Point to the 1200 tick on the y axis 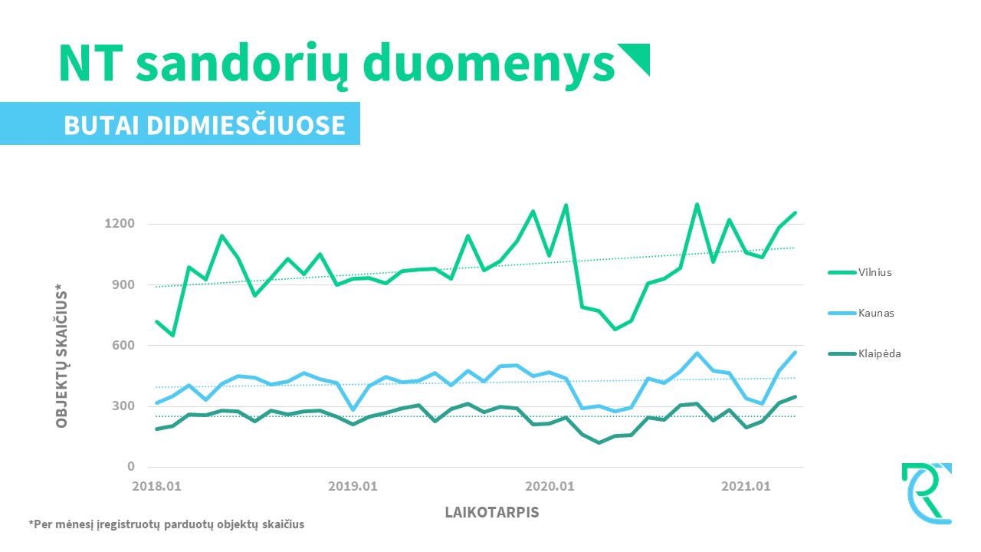pyautogui.click(x=120, y=224)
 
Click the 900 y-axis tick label pyautogui.click(x=123, y=284)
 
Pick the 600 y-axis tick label pyautogui.click(x=123, y=345)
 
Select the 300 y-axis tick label pyautogui.click(x=123, y=406)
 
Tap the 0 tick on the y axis pyautogui.click(x=131, y=466)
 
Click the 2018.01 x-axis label pyautogui.click(x=157, y=486)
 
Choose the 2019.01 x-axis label pyautogui.click(x=353, y=486)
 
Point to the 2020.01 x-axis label pyautogui.click(x=550, y=486)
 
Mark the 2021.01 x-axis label pyautogui.click(x=746, y=486)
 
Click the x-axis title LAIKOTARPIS pyautogui.click(x=492, y=512)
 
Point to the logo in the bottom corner pyautogui.click(x=927, y=493)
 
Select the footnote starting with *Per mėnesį pyautogui.click(x=166, y=525)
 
